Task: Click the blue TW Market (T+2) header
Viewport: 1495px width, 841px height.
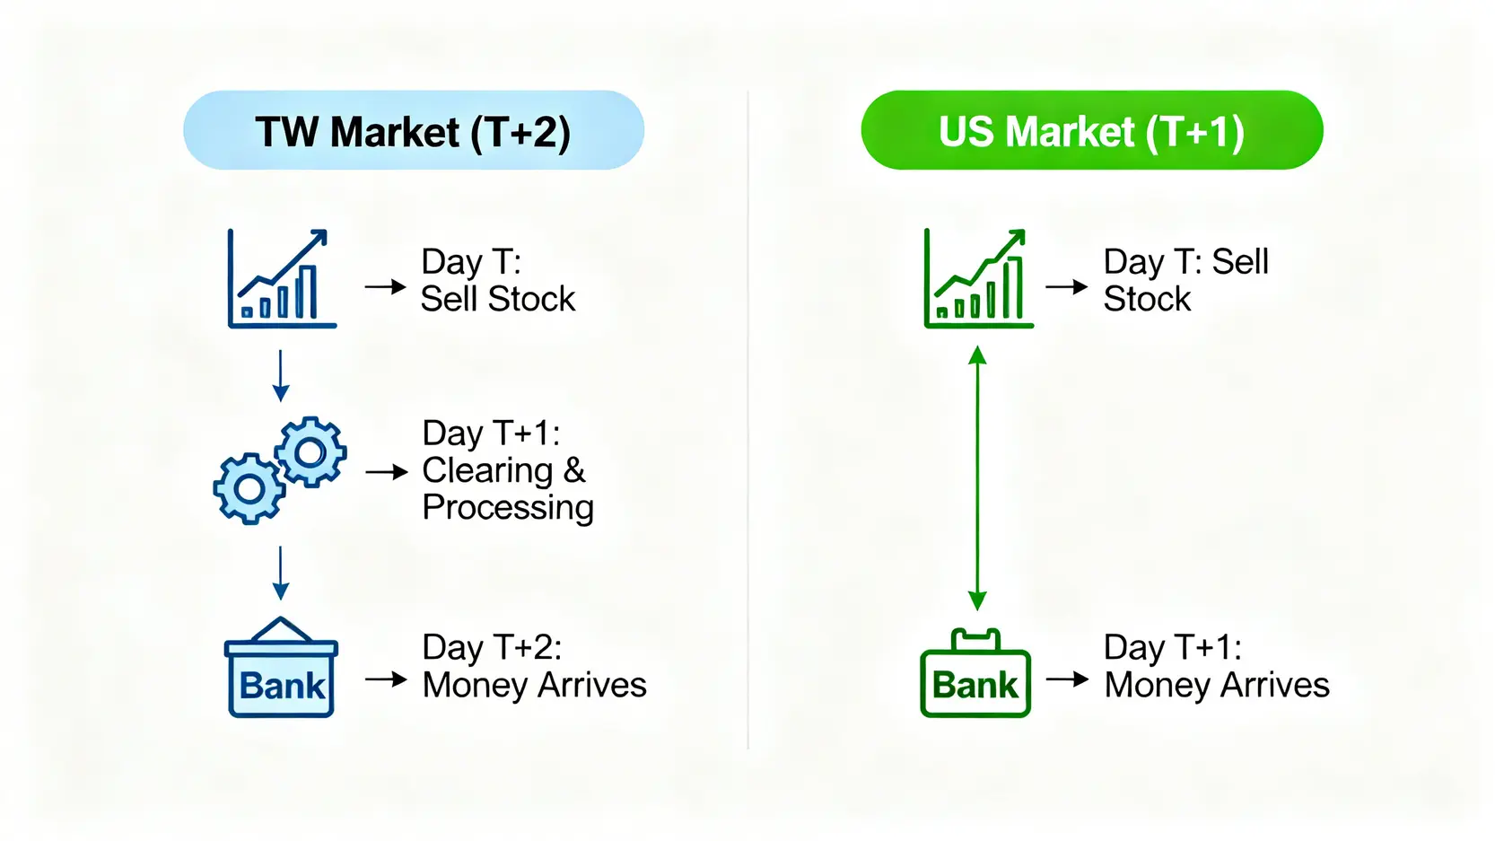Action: click(414, 130)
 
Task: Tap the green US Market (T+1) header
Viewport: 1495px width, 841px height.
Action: click(1092, 130)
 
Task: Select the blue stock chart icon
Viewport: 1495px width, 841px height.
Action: click(282, 278)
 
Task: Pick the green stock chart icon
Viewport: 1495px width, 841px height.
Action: click(978, 278)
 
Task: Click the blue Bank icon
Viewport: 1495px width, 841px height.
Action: click(281, 667)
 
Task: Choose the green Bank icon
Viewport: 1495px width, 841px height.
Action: click(975, 673)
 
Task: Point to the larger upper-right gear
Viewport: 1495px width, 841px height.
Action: click(310, 451)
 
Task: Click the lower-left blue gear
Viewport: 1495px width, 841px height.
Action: click(249, 488)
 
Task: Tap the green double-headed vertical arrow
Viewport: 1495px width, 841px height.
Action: click(977, 477)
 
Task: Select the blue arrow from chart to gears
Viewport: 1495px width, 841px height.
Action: click(280, 376)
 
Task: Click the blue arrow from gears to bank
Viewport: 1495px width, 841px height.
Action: click(280, 574)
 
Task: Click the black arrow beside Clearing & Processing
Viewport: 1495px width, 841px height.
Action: click(387, 473)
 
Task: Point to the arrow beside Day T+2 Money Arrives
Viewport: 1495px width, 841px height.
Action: click(386, 679)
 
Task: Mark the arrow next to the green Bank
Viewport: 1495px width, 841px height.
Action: click(1067, 679)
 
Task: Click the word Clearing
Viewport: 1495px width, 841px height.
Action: click(487, 470)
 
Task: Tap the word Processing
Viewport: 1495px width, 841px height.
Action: click(508, 508)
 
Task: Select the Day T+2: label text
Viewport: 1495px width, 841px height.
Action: click(492, 647)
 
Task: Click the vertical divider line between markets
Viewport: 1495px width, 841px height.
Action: click(748, 420)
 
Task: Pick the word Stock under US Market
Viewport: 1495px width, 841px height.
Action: click(1147, 298)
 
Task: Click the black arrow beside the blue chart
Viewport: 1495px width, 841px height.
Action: click(385, 286)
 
